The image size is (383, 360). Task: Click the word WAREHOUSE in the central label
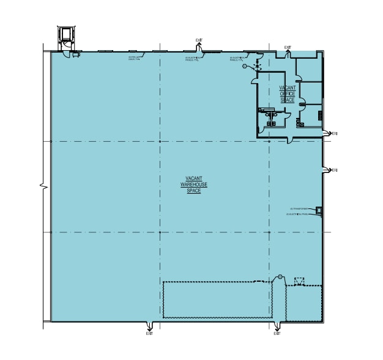click(x=193, y=185)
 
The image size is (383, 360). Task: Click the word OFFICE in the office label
click(x=287, y=94)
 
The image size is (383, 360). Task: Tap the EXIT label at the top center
click(x=199, y=40)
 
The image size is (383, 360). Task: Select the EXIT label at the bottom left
click(x=149, y=333)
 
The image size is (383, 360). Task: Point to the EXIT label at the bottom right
click(x=277, y=333)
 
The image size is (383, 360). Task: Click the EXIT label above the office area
click(x=288, y=47)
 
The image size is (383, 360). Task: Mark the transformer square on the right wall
click(x=319, y=211)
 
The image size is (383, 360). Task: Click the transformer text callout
click(x=299, y=208)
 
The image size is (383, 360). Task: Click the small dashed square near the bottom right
click(x=299, y=281)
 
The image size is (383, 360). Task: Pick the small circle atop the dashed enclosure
click(x=280, y=277)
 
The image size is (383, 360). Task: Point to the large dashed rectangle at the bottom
click(x=217, y=299)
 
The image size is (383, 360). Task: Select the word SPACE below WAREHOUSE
click(x=193, y=191)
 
